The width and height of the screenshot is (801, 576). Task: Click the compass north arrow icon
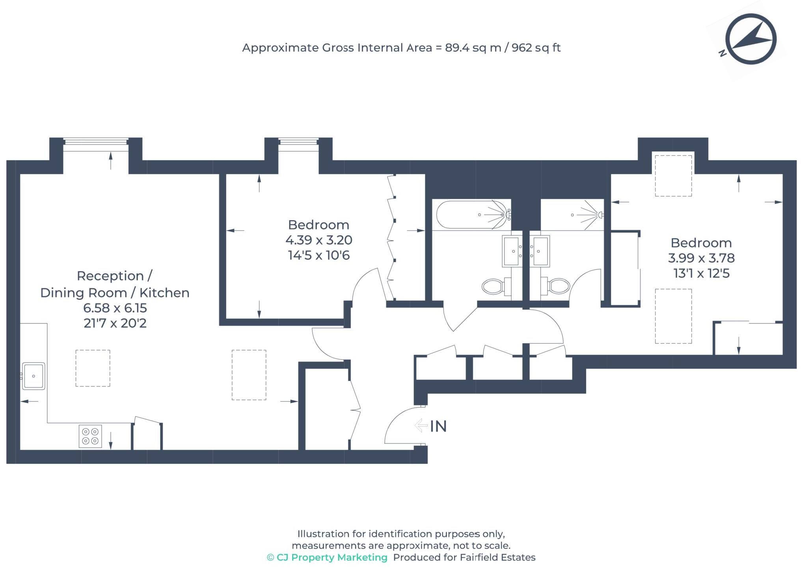pos(751,39)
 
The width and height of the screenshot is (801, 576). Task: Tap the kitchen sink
pos(34,376)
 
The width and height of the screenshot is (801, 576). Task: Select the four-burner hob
pos(90,436)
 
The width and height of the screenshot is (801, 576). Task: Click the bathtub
pos(472,215)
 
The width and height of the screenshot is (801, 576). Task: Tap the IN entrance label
pos(438,426)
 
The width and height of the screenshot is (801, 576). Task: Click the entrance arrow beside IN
pos(421,425)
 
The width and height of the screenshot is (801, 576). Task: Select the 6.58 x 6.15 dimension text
pos(115,308)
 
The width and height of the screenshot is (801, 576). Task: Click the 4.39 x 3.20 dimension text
pos(319,240)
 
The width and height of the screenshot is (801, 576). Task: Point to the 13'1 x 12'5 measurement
pos(701,273)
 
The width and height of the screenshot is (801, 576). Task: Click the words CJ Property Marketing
pos(332,557)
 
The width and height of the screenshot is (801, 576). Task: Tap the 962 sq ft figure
pos(536,48)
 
